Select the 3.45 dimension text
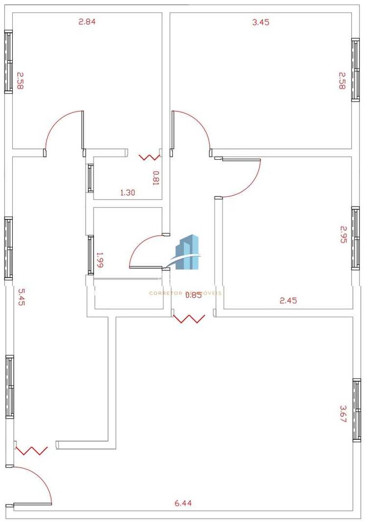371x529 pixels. pyautogui.click(x=261, y=22)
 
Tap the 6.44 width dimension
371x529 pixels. pyautogui.click(x=183, y=503)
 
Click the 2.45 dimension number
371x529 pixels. pyautogui.click(x=288, y=300)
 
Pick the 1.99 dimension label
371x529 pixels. pyautogui.click(x=99, y=260)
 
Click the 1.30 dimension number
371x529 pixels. pyautogui.click(x=128, y=193)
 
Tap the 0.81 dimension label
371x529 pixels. pyautogui.click(x=156, y=177)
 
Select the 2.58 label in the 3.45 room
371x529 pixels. pyautogui.click(x=342, y=80)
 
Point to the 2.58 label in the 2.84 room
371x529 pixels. pyautogui.click(x=20, y=81)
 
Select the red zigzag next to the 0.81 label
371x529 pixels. pyautogui.click(x=149, y=157)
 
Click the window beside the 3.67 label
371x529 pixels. pyautogui.click(x=357, y=410)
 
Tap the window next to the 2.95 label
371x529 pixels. pyautogui.click(x=356, y=238)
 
